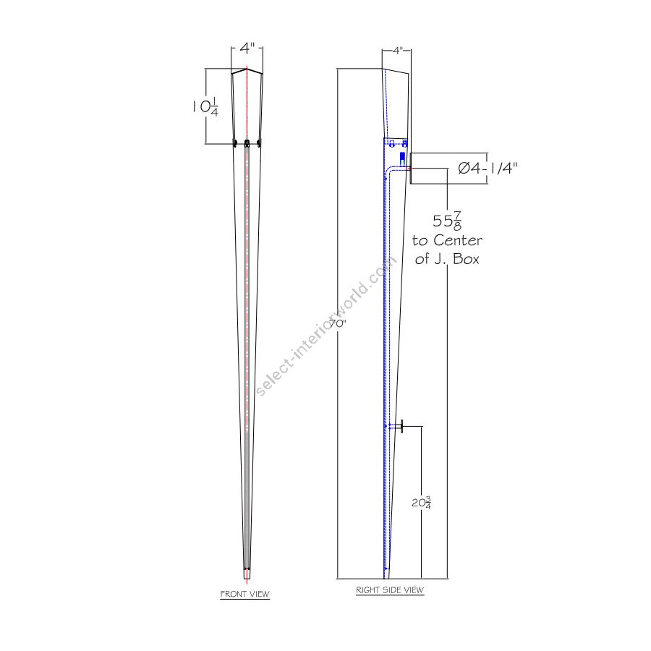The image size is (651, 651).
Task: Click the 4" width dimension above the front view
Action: [x=247, y=48]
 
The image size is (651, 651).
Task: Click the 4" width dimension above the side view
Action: [x=398, y=51]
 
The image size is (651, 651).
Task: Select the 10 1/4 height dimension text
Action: [x=205, y=107]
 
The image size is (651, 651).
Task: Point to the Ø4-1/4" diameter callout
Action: [x=488, y=168]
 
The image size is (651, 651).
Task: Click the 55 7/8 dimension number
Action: [x=447, y=221]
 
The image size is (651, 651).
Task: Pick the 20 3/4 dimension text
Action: [x=422, y=503]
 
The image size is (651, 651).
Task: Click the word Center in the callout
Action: [x=458, y=240]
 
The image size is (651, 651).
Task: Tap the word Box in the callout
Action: [x=466, y=259]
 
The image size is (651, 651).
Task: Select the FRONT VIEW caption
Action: [x=244, y=594]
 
